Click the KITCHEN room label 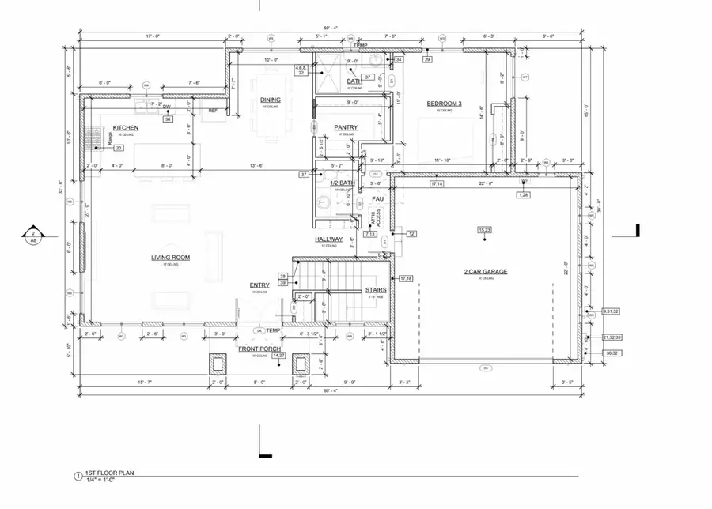[x=126, y=127]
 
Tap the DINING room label [x=271, y=100]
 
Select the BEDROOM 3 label [x=444, y=104]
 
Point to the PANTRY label [x=346, y=127]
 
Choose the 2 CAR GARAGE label [x=486, y=272]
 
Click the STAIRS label [x=376, y=291]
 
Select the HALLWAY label [x=329, y=239]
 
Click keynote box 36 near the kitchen [x=168, y=119]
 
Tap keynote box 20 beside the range [x=119, y=148]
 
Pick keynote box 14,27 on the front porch [x=278, y=356]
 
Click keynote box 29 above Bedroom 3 [x=427, y=60]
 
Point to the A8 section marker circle [x=33, y=235]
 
